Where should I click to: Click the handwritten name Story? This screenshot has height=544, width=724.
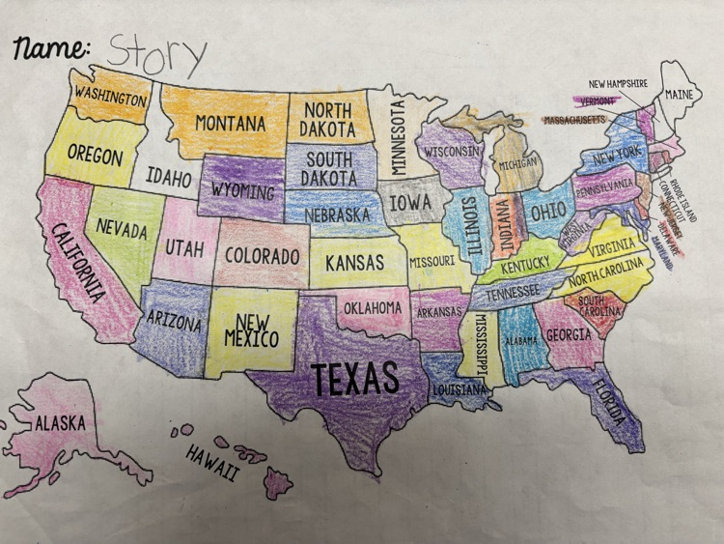[x=156, y=54]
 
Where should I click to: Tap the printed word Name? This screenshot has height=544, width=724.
[x=52, y=49]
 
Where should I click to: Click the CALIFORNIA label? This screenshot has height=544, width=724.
[x=78, y=261]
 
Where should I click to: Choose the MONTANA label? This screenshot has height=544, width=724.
[x=230, y=124]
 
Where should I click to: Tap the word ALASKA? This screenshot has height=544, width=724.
[x=61, y=422]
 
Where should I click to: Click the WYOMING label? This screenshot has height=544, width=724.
[x=242, y=187]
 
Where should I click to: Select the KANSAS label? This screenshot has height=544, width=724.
[x=354, y=262]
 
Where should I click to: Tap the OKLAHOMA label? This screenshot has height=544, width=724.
[x=373, y=308]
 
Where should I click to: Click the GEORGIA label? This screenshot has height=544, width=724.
[x=569, y=334]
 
